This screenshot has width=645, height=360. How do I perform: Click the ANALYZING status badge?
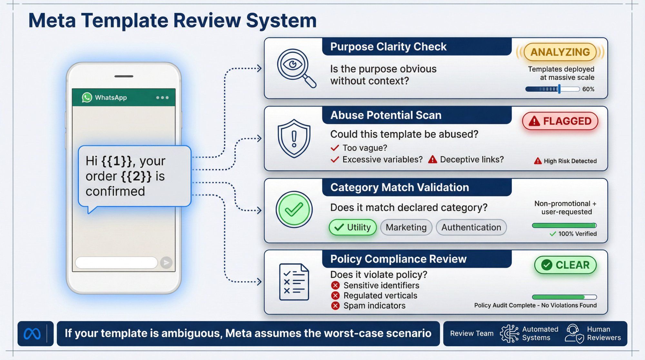pyautogui.click(x=560, y=52)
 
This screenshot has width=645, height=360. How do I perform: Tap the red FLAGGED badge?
pyautogui.click(x=560, y=121)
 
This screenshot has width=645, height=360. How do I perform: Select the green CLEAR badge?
pyautogui.click(x=565, y=265)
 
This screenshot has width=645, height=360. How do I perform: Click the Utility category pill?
pyautogui.click(x=352, y=227)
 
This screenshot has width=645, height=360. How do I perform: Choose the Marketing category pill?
pyautogui.click(x=406, y=227)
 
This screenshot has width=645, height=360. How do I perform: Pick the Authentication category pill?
pyautogui.click(x=471, y=227)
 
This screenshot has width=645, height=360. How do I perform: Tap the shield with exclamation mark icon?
pyautogui.click(x=294, y=138)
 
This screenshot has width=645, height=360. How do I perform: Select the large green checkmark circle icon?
pyautogui.click(x=294, y=210)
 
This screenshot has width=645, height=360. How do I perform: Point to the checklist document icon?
pyautogui.click(x=294, y=282)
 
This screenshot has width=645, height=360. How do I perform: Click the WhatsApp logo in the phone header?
pyautogui.click(x=87, y=97)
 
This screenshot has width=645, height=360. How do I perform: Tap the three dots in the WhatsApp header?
pyautogui.click(x=162, y=97)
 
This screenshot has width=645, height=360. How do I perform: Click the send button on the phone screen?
pyautogui.click(x=166, y=263)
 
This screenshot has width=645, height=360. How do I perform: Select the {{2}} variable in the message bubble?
pyautogui.click(x=136, y=176)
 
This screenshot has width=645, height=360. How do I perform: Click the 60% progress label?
pyautogui.click(x=588, y=89)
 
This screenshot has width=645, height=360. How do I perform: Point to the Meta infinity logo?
pyautogui.click(x=32, y=334)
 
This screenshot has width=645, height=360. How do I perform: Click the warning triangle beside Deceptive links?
pyautogui.click(x=432, y=160)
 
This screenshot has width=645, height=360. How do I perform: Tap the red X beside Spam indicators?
pyautogui.click(x=335, y=306)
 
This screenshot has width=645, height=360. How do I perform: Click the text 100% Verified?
pyautogui.click(x=577, y=234)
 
